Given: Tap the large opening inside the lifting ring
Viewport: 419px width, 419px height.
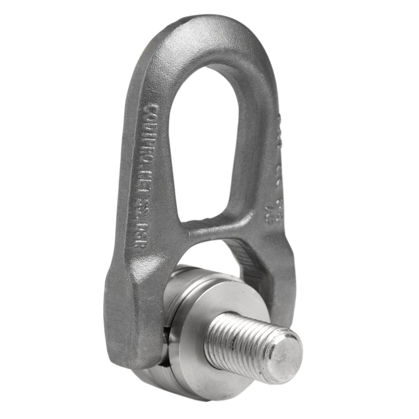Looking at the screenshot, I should [x=209, y=138].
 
